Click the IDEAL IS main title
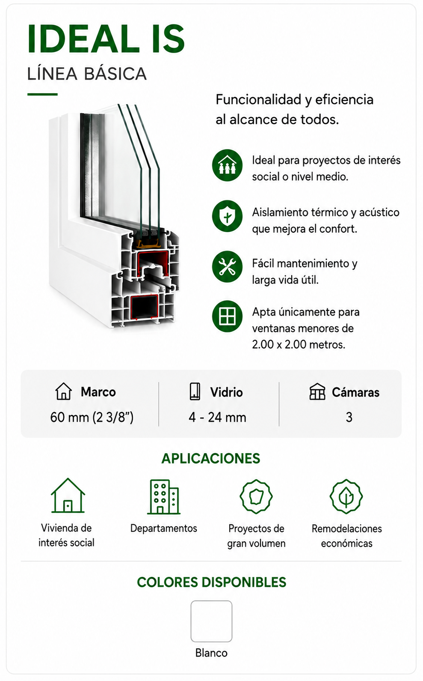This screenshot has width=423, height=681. [x=106, y=39]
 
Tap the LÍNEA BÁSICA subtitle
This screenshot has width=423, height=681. [x=87, y=74]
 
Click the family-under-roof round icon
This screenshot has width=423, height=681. [x=227, y=165]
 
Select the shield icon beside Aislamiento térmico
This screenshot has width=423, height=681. [x=227, y=216]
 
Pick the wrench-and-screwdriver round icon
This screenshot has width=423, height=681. [x=227, y=267]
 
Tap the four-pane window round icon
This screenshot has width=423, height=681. [x=227, y=316]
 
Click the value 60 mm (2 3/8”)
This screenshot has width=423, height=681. [x=92, y=418]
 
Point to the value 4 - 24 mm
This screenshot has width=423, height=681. [x=217, y=418]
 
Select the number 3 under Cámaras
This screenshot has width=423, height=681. [x=349, y=418]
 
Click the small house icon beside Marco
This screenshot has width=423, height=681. [x=64, y=391]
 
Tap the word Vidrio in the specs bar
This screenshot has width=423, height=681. [x=227, y=392]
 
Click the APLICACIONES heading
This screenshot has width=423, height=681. [x=211, y=458]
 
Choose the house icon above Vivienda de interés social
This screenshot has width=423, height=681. [x=68, y=496]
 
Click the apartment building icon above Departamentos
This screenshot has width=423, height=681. [x=164, y=497]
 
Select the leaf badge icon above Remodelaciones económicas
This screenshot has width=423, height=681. [x=346, y=496]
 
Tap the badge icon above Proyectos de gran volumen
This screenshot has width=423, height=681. [x=256, y=496]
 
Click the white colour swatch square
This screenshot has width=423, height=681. [x=211, y=621]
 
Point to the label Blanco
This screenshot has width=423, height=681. [x=211, y=653]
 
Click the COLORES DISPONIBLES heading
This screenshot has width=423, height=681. [x=211, y=582]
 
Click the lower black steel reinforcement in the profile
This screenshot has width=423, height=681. [x=144, y=307]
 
